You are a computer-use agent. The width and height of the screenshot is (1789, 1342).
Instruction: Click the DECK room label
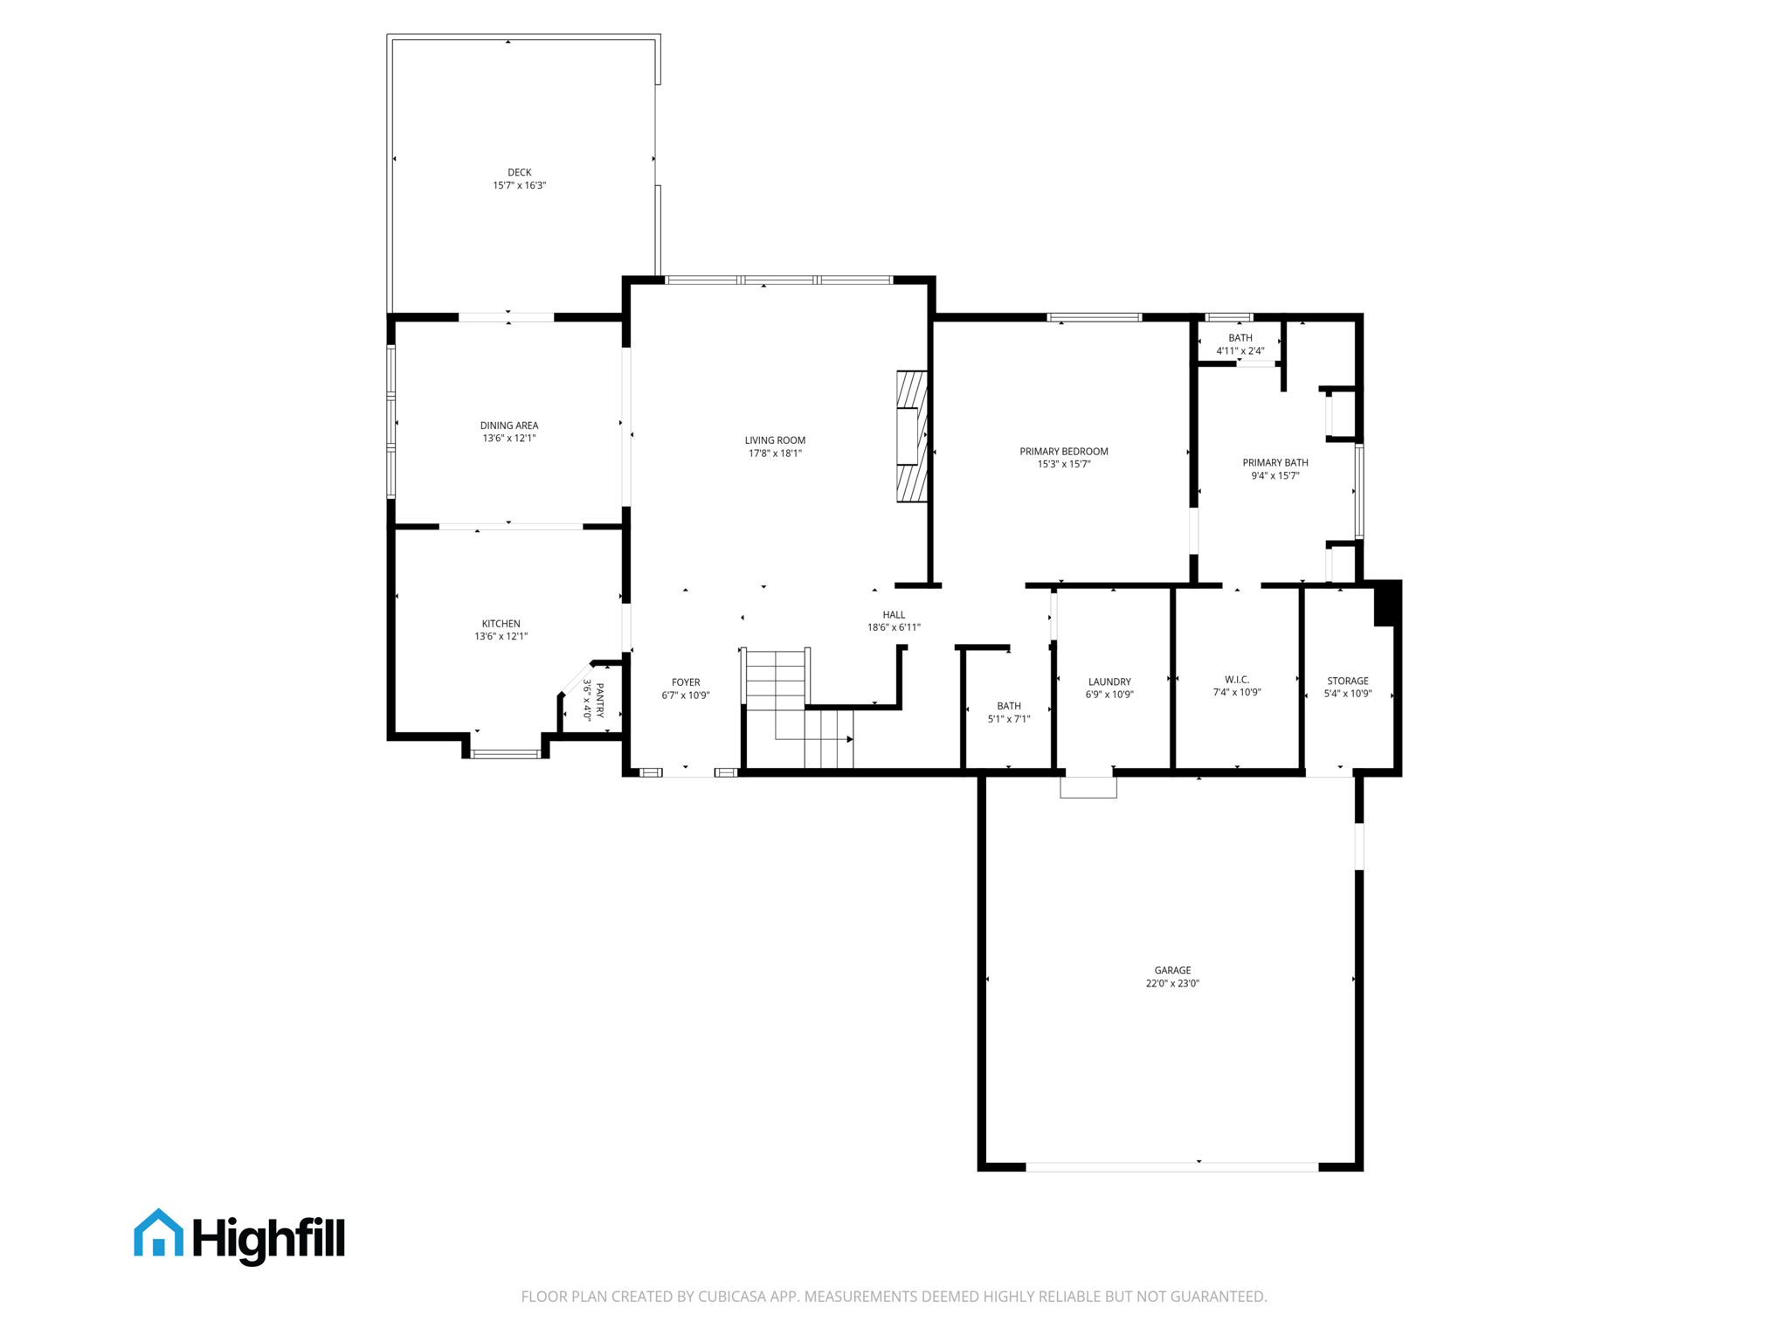pyautogui.click(x=519, y=172)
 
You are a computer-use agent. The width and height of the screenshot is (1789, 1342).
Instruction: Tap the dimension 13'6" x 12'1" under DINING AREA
pyautogui.click(x=509, y=439)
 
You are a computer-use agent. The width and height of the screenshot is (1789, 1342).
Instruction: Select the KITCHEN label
pyautogui.click(x=501, y=624)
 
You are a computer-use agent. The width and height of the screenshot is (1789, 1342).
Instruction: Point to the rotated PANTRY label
pyautogui.click(x=600, y=701)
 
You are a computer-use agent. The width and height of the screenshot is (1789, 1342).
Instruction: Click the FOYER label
pyautogui.click(x=686, y=682)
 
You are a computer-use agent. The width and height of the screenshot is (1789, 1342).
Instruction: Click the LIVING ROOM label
pyautogui.click(x=775, y=440)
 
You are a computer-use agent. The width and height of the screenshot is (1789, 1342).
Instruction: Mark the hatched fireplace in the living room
pyautogui.click(x=911, y=436)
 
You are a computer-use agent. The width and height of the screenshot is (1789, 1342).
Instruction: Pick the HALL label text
pyautogui.click(x=894, y=614)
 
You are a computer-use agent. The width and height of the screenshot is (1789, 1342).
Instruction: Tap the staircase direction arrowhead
pyautogui.click(x=850, y=739)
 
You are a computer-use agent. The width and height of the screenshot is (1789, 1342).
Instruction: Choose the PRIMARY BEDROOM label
pyautogui.click(x=1063, y=452)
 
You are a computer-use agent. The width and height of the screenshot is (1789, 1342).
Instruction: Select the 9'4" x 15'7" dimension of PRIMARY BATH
pyautogui.click(x=1274, y=476)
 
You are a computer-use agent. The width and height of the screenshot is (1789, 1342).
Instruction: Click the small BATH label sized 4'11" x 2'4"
pyautogui.click(x=1240, y=338)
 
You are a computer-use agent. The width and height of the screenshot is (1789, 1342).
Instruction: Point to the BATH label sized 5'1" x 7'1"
pyautogui.click(x=1009, y=706)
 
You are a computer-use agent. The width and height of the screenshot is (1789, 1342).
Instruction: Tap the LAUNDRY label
pyautogui.click(x=1109, y=681)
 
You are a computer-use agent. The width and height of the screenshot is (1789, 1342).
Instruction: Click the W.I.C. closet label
pyautogui.click(x=1237, y=680)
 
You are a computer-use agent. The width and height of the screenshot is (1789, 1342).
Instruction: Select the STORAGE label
pyautogui.click(x=1347, y=681)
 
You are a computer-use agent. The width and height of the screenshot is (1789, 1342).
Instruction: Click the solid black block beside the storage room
pyautogui.click(x=1386, y=604)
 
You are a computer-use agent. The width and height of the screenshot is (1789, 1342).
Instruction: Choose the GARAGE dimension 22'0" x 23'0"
pyautogui.click(x=1172, y=984)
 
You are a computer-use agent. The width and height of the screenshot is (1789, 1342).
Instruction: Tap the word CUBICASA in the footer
pyautogui.click(x=731, y=1297)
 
